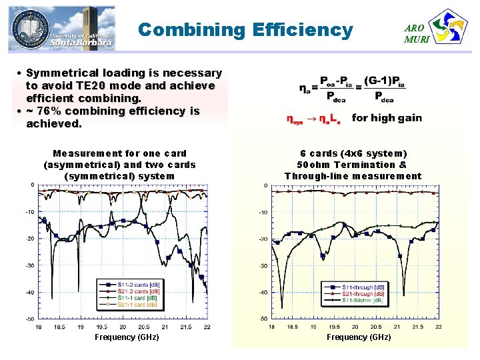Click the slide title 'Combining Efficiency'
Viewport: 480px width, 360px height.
tap(245, 30)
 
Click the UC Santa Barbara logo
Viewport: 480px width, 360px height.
tap(61, 28)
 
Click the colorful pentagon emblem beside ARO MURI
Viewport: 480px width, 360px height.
tap(449, 27)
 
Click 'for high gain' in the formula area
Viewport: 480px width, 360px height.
tap(387, 118)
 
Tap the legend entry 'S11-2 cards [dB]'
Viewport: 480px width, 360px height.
tap(138, 285)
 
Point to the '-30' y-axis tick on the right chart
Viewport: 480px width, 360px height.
tap(264, 266)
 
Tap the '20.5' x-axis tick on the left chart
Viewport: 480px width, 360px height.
tap(143, 327)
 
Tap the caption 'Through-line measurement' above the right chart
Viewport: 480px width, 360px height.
tap(353, 176)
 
